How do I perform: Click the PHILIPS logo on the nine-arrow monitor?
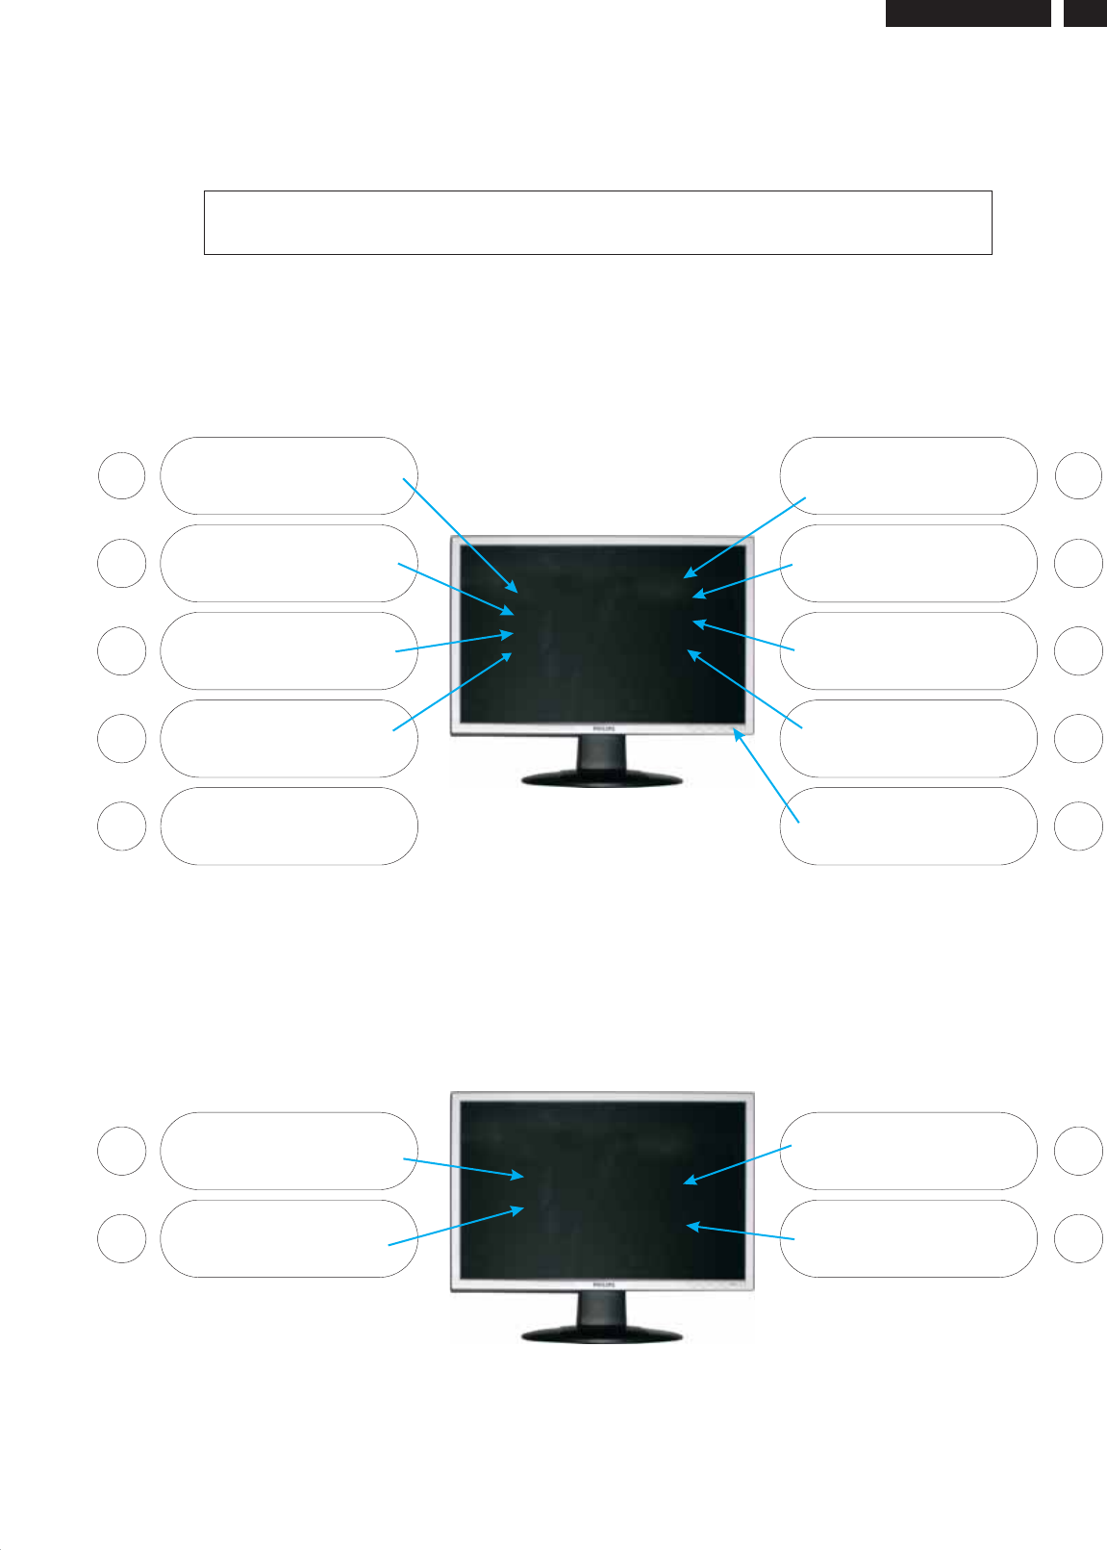(601, 730)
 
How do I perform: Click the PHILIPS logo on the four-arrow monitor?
(601, 1284)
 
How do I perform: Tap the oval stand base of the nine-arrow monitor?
(602, 777)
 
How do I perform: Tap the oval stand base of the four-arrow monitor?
(602, 1334)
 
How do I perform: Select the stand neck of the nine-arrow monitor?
(601, 752)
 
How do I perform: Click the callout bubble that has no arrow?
(289, 826)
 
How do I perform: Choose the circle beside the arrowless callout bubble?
(121, 826)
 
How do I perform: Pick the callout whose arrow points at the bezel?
(908, 826)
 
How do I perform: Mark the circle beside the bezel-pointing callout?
(1078, 826)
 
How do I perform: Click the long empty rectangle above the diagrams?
(597, 222)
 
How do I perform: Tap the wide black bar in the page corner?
(968, 13)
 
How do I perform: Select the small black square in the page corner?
(1085, 13)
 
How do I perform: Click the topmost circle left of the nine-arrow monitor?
(121, 475)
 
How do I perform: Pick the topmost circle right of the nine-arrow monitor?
(1078, 475)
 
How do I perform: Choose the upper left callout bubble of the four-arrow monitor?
(289, 1151)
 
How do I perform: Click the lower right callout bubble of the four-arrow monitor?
(908, 1238)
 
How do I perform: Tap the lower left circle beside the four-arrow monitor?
(121, 1238)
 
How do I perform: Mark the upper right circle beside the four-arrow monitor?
(1078, 1151)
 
